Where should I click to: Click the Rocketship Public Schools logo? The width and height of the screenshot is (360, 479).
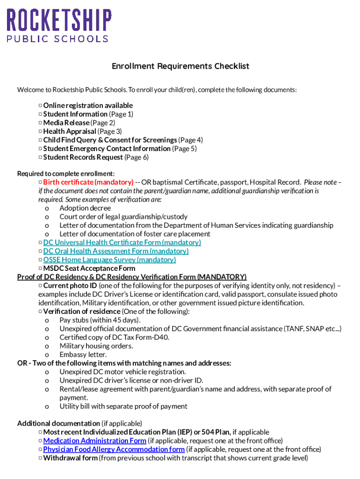point(58,25)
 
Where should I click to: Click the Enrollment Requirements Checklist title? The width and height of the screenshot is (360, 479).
point(180,66)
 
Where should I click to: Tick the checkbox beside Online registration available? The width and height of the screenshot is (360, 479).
point(41,106)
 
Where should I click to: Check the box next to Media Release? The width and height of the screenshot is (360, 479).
point(41,123)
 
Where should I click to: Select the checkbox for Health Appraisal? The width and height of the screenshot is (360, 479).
point(41,131)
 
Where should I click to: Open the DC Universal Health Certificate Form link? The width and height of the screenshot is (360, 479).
point(122,242)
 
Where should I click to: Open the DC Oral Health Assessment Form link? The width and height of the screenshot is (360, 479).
point(116,251)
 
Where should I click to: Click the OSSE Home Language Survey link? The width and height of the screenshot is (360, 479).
point(109,260)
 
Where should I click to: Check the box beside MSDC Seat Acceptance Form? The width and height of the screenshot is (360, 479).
point(41,269)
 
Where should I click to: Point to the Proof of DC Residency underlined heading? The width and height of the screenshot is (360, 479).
point(132,277)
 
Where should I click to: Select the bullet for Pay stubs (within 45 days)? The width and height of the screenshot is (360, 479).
point(47,320)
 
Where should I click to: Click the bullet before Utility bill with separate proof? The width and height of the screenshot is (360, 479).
point(47,406)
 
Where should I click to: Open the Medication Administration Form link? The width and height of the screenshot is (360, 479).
point(95,441)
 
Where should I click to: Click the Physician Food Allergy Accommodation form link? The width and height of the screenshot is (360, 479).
point(114,450)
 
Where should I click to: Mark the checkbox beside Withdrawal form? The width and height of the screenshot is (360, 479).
point(41,458)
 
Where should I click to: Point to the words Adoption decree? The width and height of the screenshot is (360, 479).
point(85,208)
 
